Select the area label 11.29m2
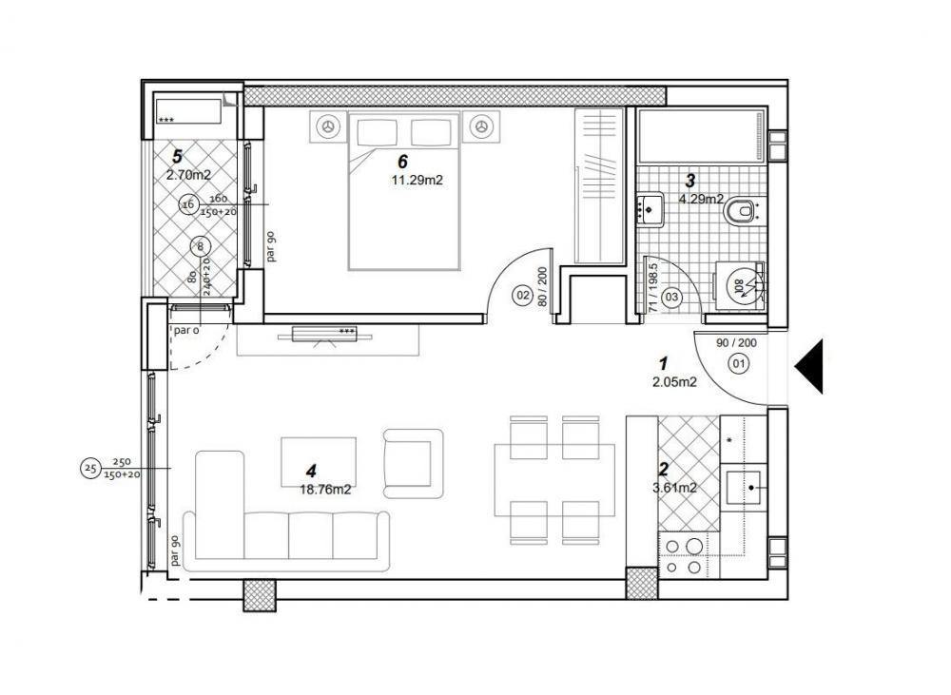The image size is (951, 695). (x=417, y=178)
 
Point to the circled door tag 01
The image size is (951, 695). (x=737, y=362)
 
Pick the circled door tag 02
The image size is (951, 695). (x=522, y=296)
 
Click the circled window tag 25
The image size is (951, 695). (x=90, y=468)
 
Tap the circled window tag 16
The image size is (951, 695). (x=187, y=204)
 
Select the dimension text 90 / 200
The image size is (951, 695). (x=735, y=342)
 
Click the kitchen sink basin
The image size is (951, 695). (x=745, y=487)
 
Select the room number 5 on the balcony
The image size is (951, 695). (x=176, y=156)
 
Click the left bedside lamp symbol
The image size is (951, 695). (x=328, y=125)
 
